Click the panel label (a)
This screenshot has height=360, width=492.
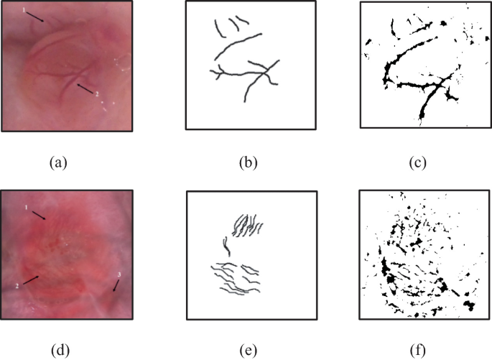(x=58, y=163)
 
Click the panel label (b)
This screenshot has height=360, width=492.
(x=249, y=163)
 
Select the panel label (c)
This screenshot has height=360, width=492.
(x=417, y=163)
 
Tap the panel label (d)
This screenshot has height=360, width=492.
(x=60, y=350)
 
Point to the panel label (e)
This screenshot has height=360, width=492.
(x=248, y=350)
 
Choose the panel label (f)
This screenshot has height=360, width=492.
(x=417, y=350)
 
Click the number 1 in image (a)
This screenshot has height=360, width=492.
(x=24, y=10)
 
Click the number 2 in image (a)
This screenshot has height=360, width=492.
(x=97, y=94)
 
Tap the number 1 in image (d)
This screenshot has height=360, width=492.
(x=27, y=208)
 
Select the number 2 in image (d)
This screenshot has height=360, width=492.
(x=17, y=286)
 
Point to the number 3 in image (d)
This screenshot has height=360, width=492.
(x=119, y=275)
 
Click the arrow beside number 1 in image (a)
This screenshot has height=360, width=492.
(x=34, y=17)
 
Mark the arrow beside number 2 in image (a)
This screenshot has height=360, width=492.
(x=85, y=88)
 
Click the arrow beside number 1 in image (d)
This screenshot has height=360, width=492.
(x=40, y=216)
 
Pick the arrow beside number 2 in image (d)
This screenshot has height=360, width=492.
(x=31, y=280)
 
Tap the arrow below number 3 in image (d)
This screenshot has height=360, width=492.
(x=116, y=285)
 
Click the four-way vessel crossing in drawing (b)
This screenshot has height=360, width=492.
(x=266, y=73)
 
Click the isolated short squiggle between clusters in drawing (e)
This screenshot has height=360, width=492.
(x=226, y=246)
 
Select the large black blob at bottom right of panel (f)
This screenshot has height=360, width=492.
(x=469, y=305)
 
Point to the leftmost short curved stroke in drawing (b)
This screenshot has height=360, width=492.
(x=219, y=29)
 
